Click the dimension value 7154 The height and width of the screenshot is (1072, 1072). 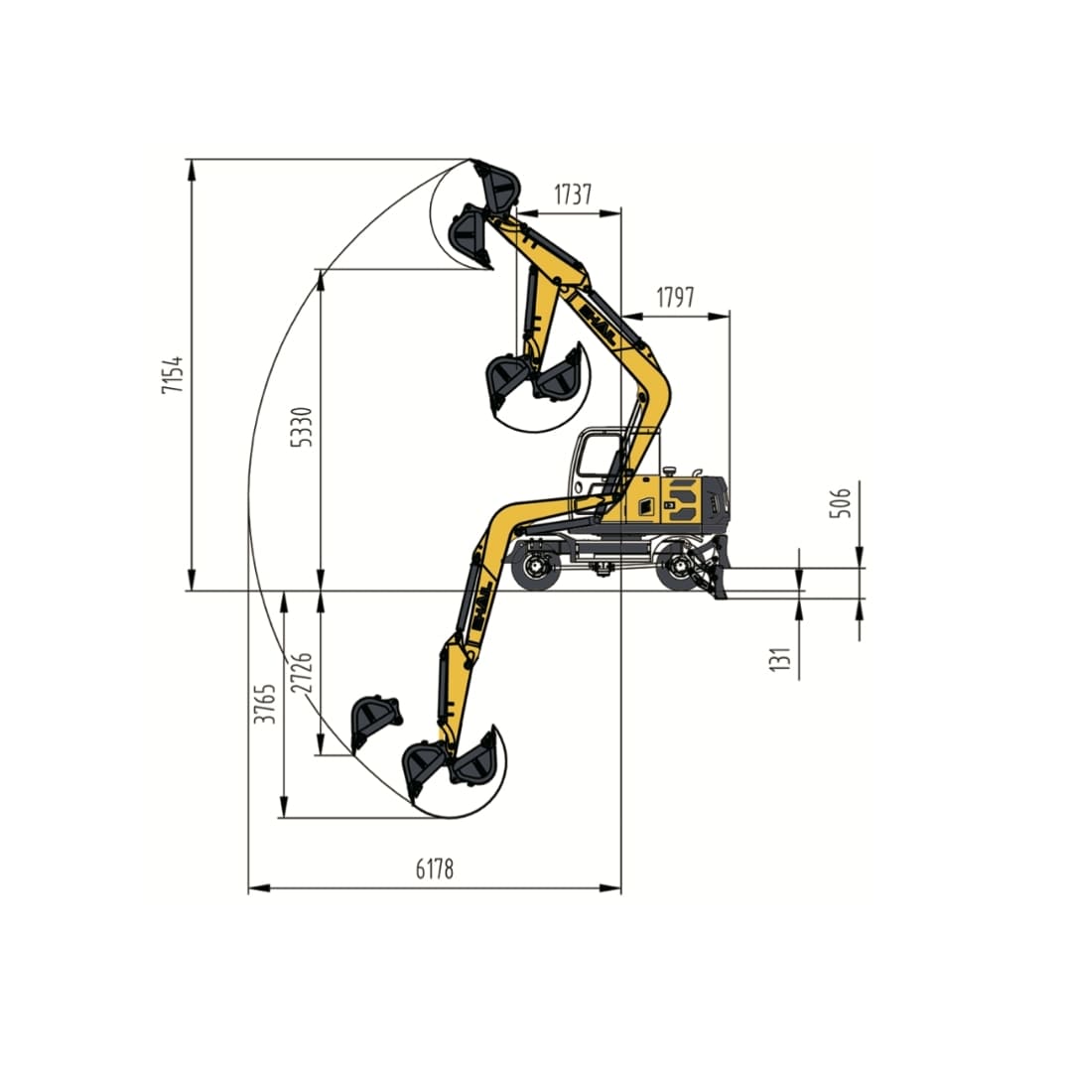(x=173, y=374)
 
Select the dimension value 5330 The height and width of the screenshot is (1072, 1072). (x=305, y=426)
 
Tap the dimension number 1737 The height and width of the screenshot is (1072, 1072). (x=573, y=195)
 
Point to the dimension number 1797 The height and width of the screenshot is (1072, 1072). (x=675, y=297)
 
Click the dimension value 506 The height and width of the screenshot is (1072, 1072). (x=840, y=503)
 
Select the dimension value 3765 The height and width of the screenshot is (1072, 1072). (x=265, y=702)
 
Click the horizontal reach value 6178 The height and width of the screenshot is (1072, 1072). (x=434, y=870)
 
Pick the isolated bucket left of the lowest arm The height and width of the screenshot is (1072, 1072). (x=375, y=719)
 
